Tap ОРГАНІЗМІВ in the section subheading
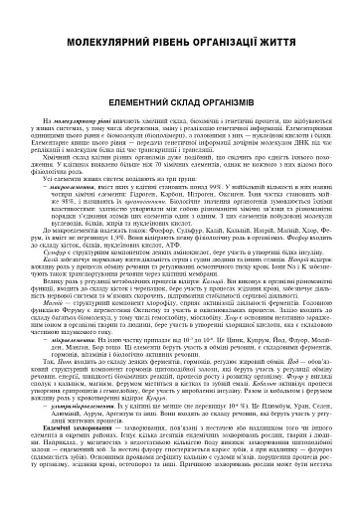236,100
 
